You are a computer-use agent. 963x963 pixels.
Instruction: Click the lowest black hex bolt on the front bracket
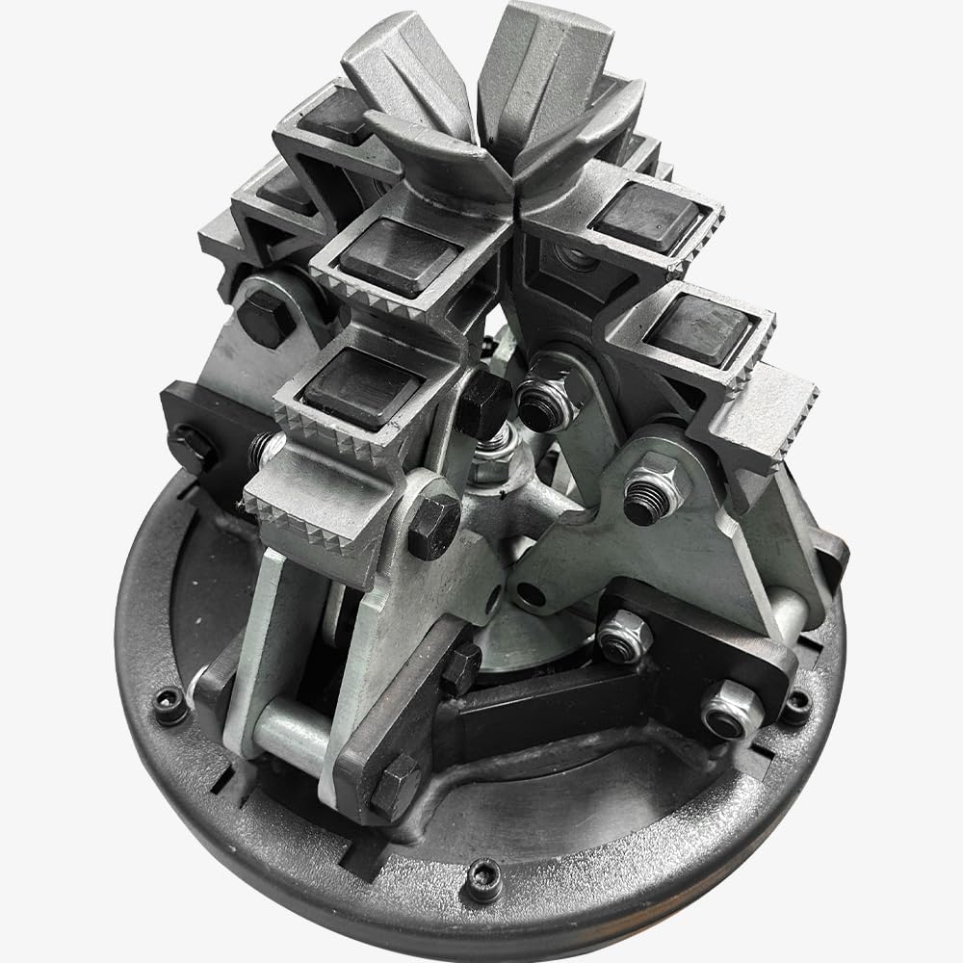click(395, 785)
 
